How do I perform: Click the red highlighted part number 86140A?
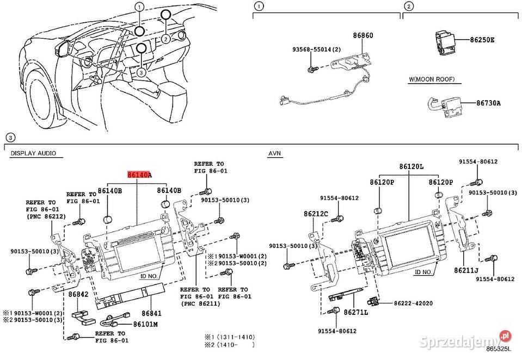click(x=139, y=175)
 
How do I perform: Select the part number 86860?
click(x=363, y=35)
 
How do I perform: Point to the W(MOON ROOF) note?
click(x=432, y=79)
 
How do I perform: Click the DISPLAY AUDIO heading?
click(x=33, y=153)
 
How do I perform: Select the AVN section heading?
click(x=275, y=153)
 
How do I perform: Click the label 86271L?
click(x=355, y=312)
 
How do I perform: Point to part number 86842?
click(x=78, y=294)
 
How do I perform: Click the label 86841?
click(x=152, y=313)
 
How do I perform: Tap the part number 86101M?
click(x=146, y=325)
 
